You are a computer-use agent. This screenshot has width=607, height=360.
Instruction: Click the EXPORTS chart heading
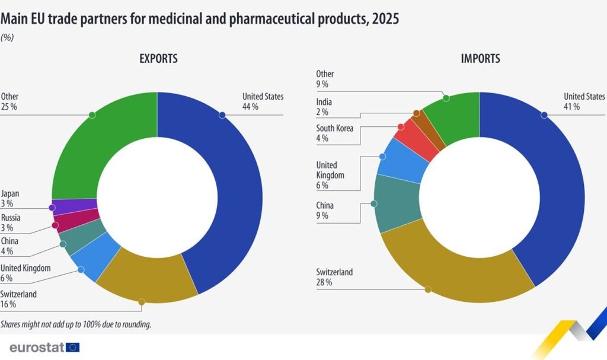(158, 59)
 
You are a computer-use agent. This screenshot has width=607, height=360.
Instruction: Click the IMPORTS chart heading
(480, 59)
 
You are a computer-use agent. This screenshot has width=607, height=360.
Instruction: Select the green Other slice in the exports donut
(107, 142)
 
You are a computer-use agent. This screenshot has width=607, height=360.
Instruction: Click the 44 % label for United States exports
(250, 107)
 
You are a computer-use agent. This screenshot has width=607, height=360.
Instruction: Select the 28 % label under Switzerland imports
(324, 282)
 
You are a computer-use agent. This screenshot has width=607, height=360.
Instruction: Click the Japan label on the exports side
(10, 193)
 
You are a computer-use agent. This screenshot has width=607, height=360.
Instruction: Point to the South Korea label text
(335, 128)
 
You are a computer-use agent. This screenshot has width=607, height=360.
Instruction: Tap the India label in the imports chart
(324, 102)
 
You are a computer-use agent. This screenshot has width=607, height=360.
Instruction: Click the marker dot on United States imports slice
(544, 115)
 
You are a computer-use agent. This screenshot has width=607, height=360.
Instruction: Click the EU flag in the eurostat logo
(73, 347)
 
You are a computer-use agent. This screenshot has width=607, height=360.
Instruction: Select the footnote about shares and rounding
(75, 324)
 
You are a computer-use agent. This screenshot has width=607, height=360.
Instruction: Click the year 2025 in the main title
(385, 20)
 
